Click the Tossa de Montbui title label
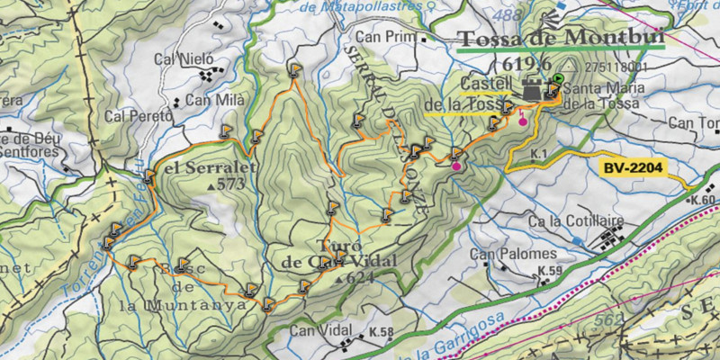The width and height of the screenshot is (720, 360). click(x=560, y=39)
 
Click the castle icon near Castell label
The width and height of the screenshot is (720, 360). click(x=531, y=89)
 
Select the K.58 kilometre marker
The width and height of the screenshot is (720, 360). click(x=381, y=333)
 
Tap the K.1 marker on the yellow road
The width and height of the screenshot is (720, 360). click(x=539, y=155)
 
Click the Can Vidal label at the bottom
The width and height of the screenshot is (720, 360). click(x=319, y=331)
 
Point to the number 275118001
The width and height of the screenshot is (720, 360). click(x=616, y=67)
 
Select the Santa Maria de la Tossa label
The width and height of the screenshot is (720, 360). click(x=601, y=95)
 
